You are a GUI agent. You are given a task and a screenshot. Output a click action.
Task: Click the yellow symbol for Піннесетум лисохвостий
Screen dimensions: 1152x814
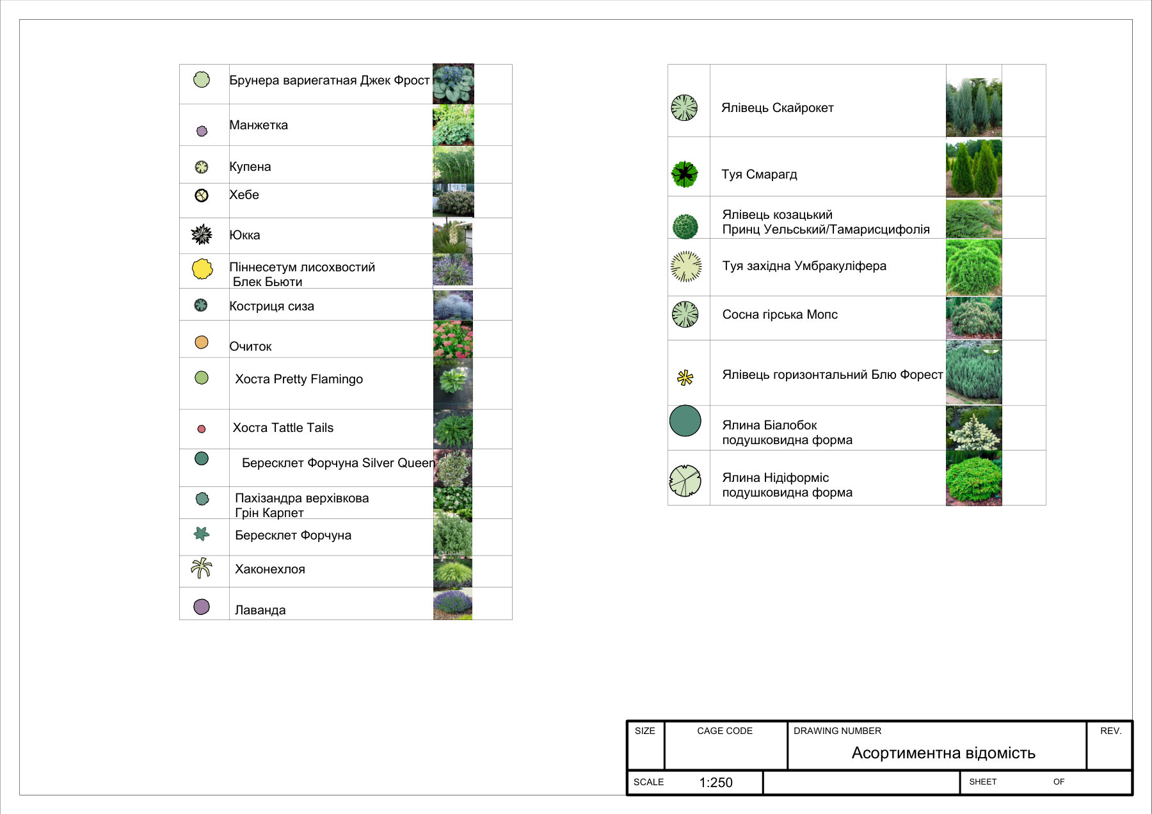click(x=202, y=269)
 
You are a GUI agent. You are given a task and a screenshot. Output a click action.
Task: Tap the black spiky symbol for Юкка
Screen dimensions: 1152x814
click(x=202, y=235)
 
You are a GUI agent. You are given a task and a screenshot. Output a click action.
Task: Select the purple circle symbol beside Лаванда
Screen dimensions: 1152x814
click(x=202, y=607)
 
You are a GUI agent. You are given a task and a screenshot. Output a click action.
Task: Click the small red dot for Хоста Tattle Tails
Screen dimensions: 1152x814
click(x=202, y=429)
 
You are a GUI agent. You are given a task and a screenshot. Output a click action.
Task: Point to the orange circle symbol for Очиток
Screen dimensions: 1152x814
click(x=202, y=342)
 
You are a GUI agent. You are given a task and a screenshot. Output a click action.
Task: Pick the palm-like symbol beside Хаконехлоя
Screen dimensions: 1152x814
click(x=202, y=568)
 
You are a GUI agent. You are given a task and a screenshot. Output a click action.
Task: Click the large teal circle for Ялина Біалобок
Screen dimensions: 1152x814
click(x=685, y=420)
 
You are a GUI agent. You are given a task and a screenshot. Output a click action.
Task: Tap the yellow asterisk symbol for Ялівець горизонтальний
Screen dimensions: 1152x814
click(x=685, y=378)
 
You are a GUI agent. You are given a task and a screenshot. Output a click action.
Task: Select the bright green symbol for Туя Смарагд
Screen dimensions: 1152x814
click(x=685, y=174)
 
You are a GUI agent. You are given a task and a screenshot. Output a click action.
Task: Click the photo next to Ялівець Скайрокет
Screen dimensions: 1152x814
click(x=973, y=107)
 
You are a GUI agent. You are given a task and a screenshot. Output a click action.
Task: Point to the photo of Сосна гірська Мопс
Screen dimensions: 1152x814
click(x=973, y=318)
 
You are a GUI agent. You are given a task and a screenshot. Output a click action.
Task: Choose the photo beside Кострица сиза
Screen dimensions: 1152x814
click(x=453, y=305)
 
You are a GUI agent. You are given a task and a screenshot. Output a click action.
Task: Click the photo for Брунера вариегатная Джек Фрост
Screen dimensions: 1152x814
click(x=453, y=84)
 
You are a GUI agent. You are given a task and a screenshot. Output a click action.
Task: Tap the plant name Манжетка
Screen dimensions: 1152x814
click(x=259, y=125)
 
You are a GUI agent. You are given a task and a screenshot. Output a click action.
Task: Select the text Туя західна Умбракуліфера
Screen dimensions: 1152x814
click(x=804, y=266)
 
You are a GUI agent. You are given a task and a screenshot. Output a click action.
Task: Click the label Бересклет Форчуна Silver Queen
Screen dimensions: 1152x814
click(x=339, y=463)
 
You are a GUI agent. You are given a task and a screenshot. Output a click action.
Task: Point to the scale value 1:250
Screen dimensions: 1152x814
click(x=716, y=782)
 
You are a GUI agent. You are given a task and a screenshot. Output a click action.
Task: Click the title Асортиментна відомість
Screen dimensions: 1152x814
click(x=943, y=753)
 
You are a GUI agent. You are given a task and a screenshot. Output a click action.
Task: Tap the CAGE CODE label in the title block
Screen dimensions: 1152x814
click(x=724, y=731)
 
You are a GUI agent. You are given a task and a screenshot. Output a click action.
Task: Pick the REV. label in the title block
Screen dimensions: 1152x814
click(x=1111, y=731)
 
